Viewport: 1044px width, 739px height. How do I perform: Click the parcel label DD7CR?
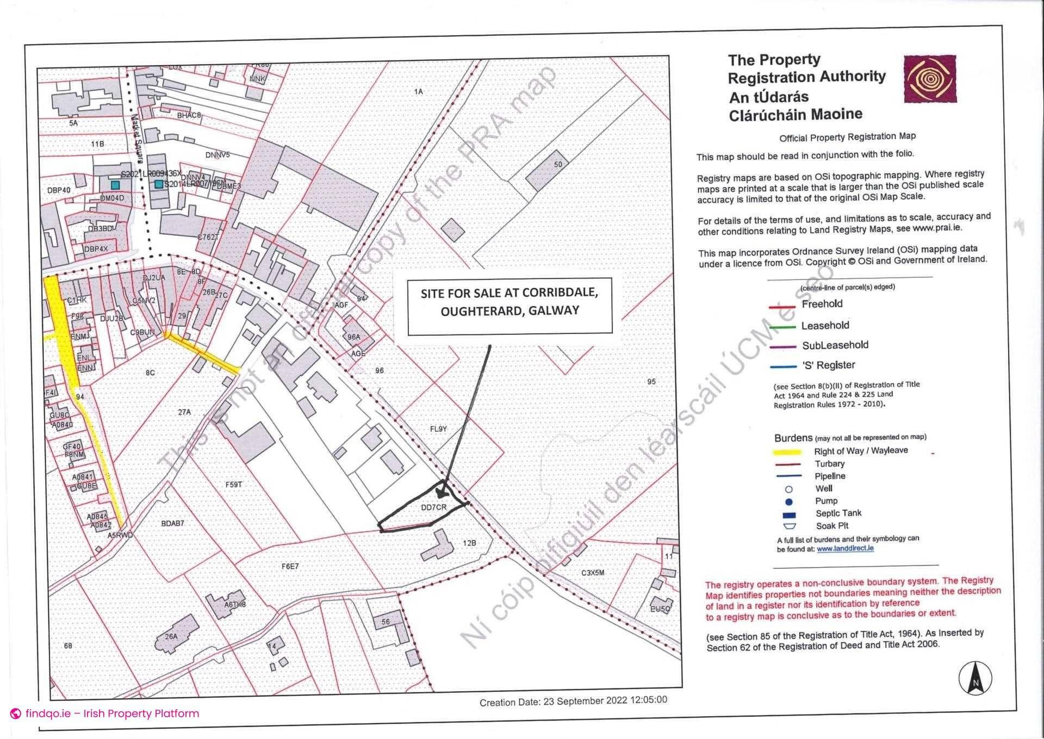pos(433,507)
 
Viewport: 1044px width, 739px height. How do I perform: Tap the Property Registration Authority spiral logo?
pos(930,79)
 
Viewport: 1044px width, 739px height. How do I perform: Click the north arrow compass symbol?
pos(975,678)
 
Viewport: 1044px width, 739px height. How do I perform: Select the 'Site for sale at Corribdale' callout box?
pos(509,306)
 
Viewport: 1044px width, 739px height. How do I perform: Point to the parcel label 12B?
pos(469,543)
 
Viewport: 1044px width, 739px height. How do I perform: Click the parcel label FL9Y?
pos(438,429)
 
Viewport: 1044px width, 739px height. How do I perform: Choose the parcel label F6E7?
pos(290,566)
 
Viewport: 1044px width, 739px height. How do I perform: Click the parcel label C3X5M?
pos(593,573)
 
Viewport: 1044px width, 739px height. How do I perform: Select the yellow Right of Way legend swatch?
pos(787,452)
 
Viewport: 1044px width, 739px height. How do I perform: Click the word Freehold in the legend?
pos(822,304)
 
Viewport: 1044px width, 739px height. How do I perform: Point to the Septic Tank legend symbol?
pos(789,514)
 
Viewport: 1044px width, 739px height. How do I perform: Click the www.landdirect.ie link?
pos(845,549)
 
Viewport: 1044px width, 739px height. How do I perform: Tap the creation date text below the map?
pos(573,701)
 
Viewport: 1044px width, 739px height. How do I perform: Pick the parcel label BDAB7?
pos(172,523)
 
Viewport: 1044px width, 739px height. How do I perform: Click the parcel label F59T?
pos(233,484)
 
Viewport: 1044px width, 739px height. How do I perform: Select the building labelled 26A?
pos(173,634)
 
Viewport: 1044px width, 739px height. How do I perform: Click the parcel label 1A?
pos(418,91)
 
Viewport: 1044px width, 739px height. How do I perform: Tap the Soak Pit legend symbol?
pos(789,526)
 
